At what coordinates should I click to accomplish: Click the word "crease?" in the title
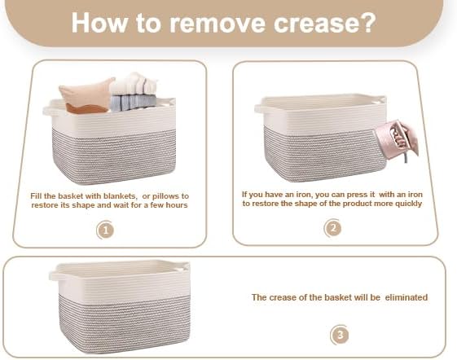point(324,23)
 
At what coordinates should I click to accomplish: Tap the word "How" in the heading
point(100,23)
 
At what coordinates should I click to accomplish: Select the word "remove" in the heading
point(218,23)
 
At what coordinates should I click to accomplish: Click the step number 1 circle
point(106,230)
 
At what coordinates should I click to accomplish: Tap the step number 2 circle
point(333,228)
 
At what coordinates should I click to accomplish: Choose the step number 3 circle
point(340,335)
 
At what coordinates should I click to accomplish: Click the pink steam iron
point(397,141)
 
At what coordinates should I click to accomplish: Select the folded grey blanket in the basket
point(134,102)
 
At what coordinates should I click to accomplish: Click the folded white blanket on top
point(134,84)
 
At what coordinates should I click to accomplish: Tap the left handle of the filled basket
point(51,111)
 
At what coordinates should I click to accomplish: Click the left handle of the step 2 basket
point(261,109)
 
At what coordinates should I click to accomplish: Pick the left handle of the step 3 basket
point(55,276)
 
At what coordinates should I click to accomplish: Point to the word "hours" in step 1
point(177,205)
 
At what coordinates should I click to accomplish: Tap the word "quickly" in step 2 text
point(409,204)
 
